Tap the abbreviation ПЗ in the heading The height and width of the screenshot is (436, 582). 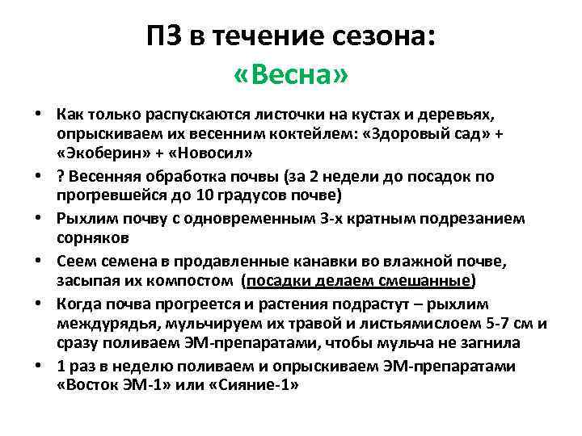click(x=165, y=36)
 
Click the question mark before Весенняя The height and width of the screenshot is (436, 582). click(x=61, y=175)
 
